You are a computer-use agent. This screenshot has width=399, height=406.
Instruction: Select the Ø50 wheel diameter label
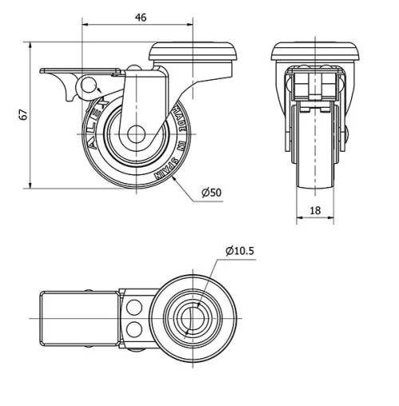[x=211, y=193]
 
